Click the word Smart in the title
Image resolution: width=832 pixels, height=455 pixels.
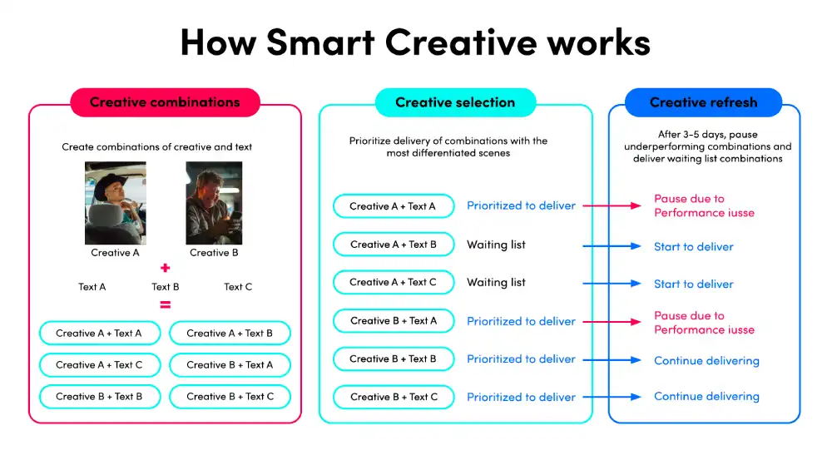[320, 42]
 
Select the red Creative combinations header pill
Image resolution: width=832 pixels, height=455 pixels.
[165, 102]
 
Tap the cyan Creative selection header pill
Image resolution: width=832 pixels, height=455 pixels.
[455, 102]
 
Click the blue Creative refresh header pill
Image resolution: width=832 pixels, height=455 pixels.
[704, 102]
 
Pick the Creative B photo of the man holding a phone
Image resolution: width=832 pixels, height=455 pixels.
[214, 203]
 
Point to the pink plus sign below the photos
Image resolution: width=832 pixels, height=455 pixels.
[165, 268]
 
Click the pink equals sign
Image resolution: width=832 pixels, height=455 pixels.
[165, 305]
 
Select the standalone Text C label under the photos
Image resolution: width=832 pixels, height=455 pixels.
[238, 287]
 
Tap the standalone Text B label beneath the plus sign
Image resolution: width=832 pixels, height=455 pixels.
[165, 287]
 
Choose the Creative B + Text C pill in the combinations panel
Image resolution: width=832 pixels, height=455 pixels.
[230, 397]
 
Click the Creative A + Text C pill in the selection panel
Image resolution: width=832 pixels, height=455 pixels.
[394, 283]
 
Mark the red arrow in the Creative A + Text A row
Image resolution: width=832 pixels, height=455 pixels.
[612, 205]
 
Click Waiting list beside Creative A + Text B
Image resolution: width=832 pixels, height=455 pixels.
[496, 245]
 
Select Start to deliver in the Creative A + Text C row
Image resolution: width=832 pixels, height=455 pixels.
[694, 284]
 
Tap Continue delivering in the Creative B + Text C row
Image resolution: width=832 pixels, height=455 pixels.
[706, 397]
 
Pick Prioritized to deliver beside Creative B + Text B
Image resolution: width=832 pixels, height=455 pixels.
[521, 359]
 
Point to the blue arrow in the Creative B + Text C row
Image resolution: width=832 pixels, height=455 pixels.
[612, 397]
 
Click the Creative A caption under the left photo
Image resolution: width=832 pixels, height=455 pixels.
[115, 253]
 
